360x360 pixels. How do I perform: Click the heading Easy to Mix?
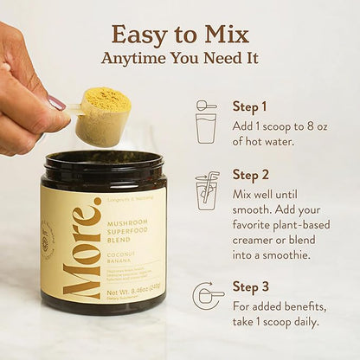(180, 34)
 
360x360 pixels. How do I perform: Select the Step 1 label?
(249, 106)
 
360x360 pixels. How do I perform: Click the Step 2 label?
(249, 175)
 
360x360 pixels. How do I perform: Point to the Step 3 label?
(249, 286)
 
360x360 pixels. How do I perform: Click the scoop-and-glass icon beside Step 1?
(206, 122)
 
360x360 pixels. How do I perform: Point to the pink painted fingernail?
(56, 102)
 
